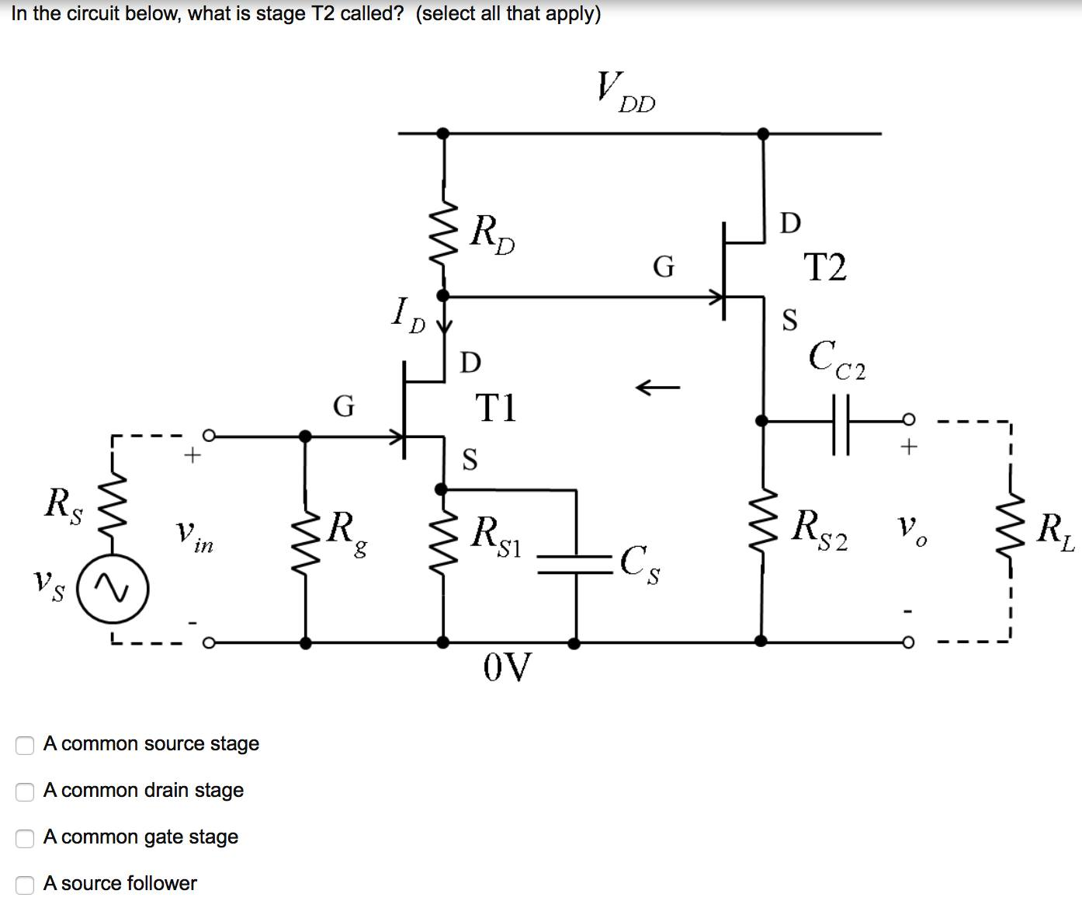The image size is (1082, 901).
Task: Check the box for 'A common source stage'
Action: tap(26, 745)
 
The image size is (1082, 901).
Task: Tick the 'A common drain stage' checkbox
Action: tap(26, 791)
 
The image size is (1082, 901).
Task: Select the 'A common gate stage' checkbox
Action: tap(26, 838)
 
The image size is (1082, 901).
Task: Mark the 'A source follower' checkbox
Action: tap(26, 885)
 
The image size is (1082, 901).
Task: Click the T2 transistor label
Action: tap(825, 267)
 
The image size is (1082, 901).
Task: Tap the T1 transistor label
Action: tap(495, 408)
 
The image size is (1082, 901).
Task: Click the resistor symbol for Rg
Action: tap(307, 536)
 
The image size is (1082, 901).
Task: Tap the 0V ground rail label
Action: tap(508, 667)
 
